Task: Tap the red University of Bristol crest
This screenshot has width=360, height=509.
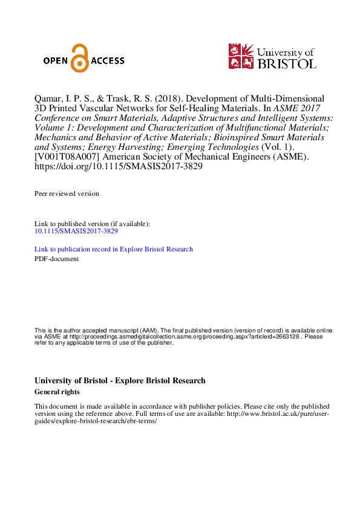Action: coord(241,56)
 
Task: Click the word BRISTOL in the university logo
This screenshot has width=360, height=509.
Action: coord(287,62)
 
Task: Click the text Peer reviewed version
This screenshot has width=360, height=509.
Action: coord(67,193)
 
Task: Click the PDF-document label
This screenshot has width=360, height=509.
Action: coord(56,259)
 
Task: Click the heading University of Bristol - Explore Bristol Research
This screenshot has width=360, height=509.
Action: coord(120,380)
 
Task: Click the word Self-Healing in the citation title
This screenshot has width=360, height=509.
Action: coord(197,108)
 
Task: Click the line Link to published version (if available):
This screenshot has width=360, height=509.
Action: coord(92,224)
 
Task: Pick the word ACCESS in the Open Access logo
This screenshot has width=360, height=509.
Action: coord(108,60)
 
